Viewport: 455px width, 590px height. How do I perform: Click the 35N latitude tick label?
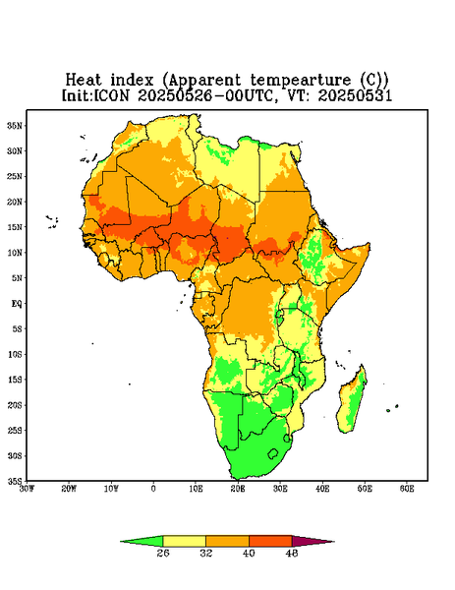click(15, 125)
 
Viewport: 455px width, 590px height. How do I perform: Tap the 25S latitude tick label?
click(15, 430)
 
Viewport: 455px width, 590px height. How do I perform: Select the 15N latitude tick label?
click(15, 227)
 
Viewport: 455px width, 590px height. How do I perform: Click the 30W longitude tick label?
click(27, 489)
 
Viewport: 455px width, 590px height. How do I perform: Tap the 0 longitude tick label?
click(153, 489)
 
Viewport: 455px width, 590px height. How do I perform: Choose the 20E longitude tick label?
click(238, 489)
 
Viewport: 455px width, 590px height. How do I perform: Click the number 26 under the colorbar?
click(163, 553)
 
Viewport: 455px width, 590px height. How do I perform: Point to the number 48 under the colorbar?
click(292, 553)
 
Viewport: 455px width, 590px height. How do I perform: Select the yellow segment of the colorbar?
click(184, 541)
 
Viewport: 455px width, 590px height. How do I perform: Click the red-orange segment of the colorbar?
click(270, 541)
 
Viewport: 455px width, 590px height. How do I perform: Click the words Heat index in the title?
click(110, 81)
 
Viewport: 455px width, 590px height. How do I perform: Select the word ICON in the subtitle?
click(111, 95)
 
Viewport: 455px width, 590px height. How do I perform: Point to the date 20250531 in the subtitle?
click(355, 95)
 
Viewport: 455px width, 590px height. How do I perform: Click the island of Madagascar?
click(352, 401)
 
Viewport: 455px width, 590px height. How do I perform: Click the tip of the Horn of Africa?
click(370, 245)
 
